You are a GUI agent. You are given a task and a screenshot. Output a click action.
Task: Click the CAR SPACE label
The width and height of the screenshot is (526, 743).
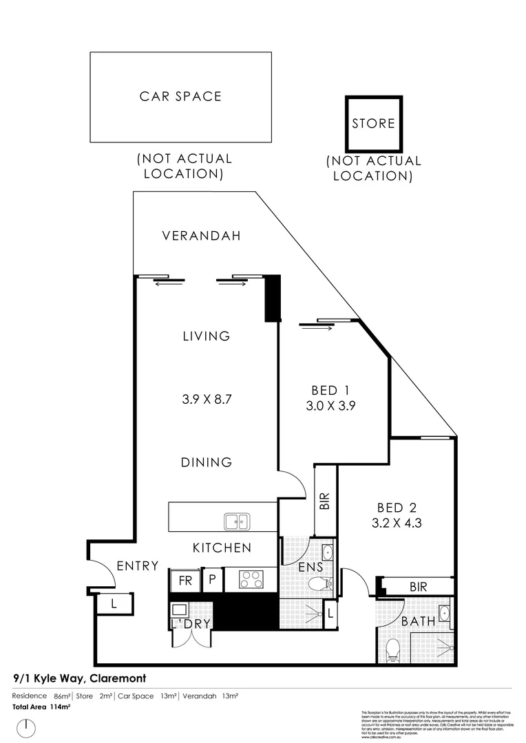(x=180, y=96)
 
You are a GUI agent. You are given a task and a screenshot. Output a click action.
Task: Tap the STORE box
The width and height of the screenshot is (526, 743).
(x=373, y=124)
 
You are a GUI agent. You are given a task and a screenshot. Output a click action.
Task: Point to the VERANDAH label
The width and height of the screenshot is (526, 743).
(x=201, y=236)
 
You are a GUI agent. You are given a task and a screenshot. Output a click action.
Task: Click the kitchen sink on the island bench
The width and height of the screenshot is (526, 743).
(x=237, y=522)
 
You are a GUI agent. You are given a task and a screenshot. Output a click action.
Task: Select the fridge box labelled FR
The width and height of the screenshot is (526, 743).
(x=185, y=580)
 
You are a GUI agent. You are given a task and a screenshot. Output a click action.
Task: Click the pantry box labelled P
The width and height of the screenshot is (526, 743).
(x=213, y=580)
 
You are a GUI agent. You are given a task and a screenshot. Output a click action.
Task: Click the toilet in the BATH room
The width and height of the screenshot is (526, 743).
(x=393, y=649)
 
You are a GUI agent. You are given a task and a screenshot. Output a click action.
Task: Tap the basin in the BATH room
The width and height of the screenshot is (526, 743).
(x=445, y=613)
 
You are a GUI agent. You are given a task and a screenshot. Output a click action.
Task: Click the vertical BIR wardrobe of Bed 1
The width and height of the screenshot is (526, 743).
(x=325, y=501)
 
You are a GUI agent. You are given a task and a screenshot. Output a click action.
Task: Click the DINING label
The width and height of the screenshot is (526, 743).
(x=207, y=462)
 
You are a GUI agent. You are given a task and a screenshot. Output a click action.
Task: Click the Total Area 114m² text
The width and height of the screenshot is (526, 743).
(x=42, y=707)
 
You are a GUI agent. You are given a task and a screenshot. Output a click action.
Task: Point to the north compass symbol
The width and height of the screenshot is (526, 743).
(x=25, y=726)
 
